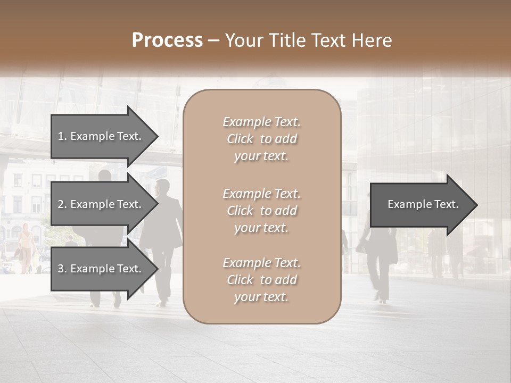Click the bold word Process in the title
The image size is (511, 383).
tap(167, 40)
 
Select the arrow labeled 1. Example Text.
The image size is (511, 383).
tap(101, 136)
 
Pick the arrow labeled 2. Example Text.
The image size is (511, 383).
tap(101, 204)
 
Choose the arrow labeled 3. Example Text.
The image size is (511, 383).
tap(101, 269)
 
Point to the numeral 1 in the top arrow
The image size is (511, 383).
tap(61, 136)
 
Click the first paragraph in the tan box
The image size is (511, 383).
tap(261, 139)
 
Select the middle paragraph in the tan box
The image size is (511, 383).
tap(261, 211)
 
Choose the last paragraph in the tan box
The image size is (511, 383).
tap(261, 280)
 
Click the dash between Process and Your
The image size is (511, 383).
tap(214, 41)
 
